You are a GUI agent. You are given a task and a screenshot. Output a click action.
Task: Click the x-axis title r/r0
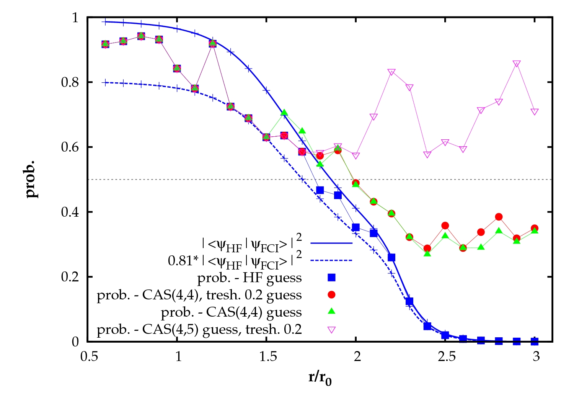(320, 378)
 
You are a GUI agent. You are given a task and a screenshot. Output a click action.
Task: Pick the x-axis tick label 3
(536, 357)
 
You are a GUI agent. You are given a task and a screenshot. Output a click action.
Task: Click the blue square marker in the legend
(332, 278)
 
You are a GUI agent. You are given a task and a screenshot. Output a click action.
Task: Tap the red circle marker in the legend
(332, 294)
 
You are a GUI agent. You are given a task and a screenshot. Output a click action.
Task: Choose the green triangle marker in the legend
(332, 311)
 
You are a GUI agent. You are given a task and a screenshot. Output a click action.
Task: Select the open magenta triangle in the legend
(332, 330)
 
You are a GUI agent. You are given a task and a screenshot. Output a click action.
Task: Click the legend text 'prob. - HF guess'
(249, 278)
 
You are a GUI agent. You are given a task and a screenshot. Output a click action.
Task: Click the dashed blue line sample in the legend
(331, 261)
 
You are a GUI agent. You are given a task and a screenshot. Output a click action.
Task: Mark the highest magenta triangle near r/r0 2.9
(517, 64)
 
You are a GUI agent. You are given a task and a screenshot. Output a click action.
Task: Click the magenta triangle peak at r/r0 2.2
(391, 72)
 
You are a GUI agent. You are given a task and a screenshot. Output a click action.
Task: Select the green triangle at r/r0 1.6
(284, 113)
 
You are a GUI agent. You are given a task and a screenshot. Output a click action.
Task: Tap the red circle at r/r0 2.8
(499, 217)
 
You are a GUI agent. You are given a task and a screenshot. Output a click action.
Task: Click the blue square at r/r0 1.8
(320, 190)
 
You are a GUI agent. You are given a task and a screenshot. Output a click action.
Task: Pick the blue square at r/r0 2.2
(391, 257)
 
